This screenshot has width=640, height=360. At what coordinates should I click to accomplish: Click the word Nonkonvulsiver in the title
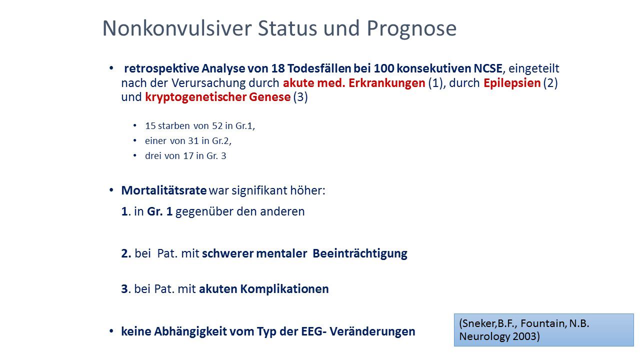pos(177,28)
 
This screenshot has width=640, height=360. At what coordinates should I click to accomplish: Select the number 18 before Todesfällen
pos(277,68)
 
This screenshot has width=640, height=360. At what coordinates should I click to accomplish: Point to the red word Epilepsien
pos(512,83)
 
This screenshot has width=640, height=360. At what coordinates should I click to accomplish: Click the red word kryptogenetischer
pos(195,97)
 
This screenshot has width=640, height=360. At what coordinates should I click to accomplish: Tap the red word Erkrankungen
pos(386,83)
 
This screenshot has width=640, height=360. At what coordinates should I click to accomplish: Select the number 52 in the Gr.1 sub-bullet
pos(217,125)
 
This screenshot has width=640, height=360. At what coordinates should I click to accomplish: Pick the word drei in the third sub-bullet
pos(153,155)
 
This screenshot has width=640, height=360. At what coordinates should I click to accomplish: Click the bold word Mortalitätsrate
pos(163,190)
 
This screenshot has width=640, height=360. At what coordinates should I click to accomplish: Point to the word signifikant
pos(259,190)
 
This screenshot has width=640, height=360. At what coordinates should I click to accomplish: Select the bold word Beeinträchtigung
pos(359,253)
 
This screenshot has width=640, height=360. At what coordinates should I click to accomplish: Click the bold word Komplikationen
pos(284,289)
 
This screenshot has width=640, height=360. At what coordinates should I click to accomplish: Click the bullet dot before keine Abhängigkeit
pos(111,331)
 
